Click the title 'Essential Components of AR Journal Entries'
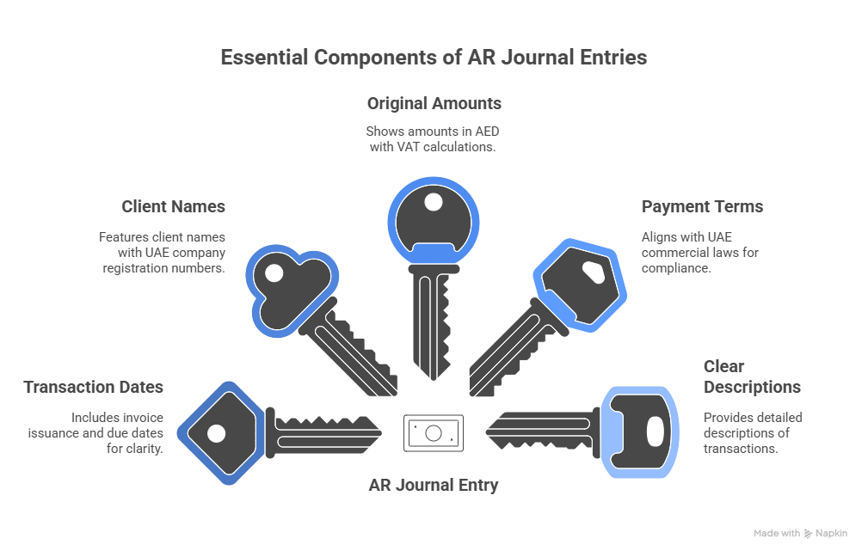[434, 58]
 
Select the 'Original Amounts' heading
[434, 103]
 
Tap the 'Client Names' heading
[173, 206]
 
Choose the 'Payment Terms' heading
[702, 206]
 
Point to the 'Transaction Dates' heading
[93, 387]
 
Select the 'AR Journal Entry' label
[434, 485]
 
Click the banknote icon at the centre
[434, 433]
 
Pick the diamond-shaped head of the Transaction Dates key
[217, 432]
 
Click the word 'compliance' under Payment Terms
[675, 268]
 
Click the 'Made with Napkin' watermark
[800, 533]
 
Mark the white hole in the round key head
[433, 202]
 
